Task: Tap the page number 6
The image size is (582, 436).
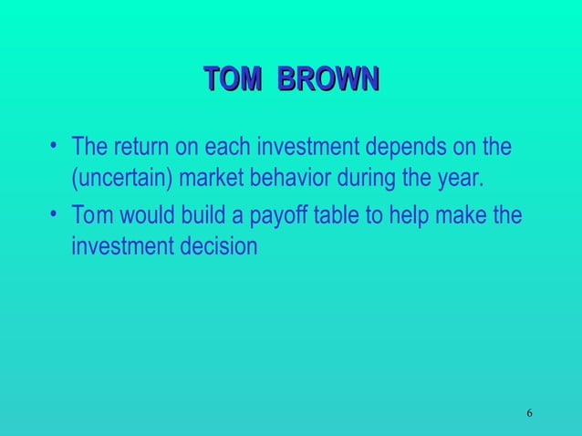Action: point(529,415)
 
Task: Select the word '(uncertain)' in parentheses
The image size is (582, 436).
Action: point(121,176)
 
